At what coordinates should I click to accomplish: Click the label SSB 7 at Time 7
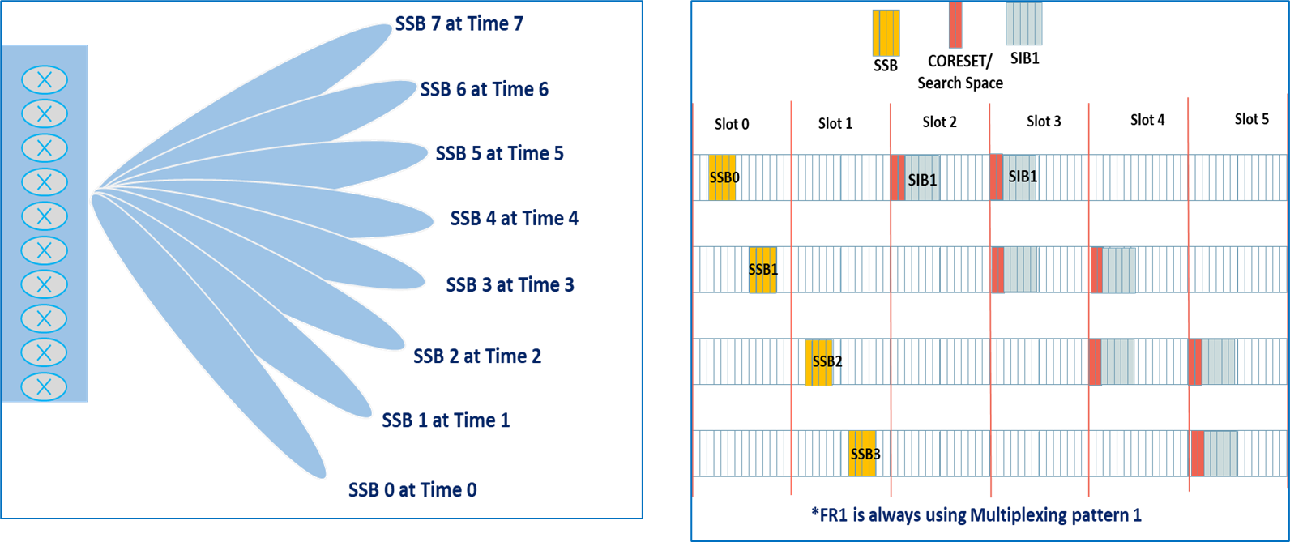(459, 23)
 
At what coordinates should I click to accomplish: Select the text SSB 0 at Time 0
(412, 489)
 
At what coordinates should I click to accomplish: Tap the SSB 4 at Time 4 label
(514, 218)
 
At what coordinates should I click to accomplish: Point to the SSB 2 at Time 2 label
(476, 356)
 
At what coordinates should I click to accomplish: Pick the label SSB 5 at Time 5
(499, 153)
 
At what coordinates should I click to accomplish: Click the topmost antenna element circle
(45, 80)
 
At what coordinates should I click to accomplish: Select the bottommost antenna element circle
(45, 386)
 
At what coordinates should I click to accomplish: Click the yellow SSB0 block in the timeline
(722, 177)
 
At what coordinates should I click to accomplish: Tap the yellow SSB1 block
(762, 270)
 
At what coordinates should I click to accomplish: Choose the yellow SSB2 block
(818, 362)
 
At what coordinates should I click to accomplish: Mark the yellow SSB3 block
(862, 454)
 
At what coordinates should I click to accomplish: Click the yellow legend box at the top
(886, 32)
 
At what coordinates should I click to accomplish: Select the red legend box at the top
(955, 25)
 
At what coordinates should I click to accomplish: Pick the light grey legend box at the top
(1023, 24)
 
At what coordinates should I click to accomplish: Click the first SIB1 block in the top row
(922, 178)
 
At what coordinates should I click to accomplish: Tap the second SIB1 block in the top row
(1020, 177)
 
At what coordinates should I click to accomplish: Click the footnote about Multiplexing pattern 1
(976, 514)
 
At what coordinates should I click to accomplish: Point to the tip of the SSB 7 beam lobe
(390, 28)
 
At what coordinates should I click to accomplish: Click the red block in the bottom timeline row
(1197, 454)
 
